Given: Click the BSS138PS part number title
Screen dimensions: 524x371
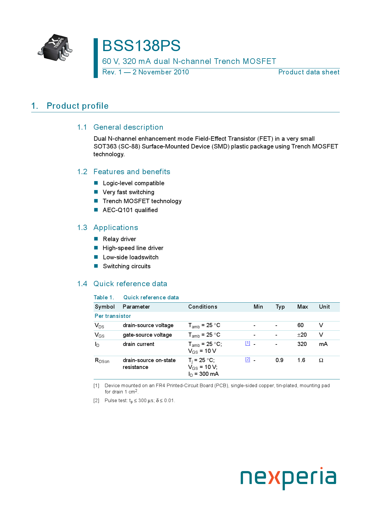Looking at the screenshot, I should [141, 46].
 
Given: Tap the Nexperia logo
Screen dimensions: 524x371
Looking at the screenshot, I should [288, 478].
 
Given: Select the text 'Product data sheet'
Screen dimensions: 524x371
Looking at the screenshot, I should [309, 72].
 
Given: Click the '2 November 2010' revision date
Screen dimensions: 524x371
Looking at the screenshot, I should [161, 72].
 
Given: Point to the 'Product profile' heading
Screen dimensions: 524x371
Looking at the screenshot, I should [77, 106].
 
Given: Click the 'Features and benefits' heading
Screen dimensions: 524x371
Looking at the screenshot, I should [132, 172].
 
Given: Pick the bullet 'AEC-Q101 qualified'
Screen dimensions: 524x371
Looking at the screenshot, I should [130, 210].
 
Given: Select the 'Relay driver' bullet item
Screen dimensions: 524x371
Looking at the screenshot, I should [119, 239].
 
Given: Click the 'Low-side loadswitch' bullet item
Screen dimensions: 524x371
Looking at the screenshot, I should [130, 257].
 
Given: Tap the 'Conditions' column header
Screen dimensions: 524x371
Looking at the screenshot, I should [203, 307].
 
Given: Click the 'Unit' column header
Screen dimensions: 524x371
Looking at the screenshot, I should [324, 307].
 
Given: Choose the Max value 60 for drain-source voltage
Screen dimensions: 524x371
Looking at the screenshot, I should [300, 325].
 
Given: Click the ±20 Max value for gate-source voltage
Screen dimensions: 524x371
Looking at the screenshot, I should [302, 335].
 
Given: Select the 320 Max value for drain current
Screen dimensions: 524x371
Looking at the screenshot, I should [302, 344].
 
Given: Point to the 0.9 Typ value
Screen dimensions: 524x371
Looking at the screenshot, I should [279, 360].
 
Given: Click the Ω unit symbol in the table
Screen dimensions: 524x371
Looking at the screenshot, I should [321, 360].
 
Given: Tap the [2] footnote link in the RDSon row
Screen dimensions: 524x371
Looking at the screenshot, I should [248, 359].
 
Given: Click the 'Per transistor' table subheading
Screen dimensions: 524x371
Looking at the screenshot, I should [113, 316].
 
